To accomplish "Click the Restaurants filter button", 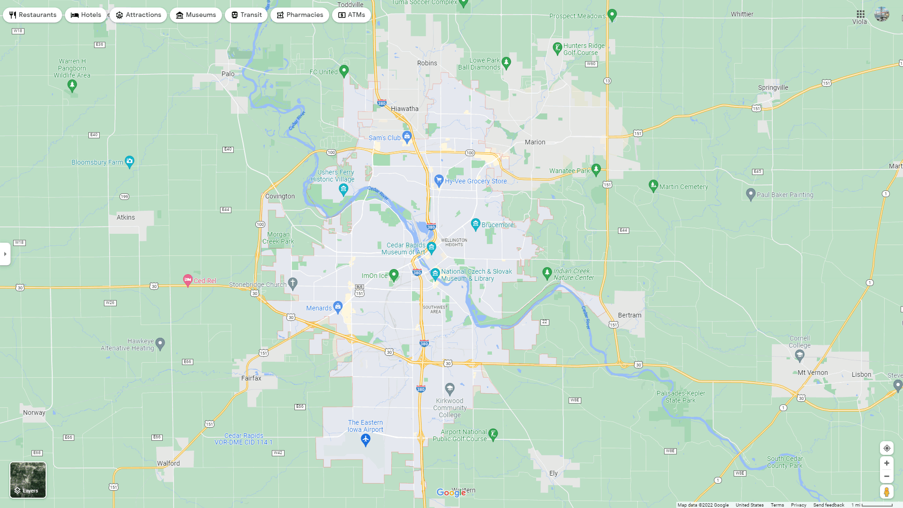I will (32, 15).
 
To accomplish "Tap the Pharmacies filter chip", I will (300, 15).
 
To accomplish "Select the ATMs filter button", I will (351, 15).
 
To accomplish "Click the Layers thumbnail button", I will (28, 480).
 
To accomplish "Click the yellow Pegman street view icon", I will (887, 492).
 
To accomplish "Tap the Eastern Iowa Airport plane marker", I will (365, 440).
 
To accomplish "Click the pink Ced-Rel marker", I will (188, 280).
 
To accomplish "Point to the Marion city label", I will (535, 142).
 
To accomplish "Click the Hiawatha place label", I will (404, 109).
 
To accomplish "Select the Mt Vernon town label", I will (813, 373).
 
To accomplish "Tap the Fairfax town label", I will (251, 378).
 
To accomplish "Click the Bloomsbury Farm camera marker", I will (130, 161).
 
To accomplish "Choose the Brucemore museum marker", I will (475, 224).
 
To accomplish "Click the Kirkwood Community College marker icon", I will (450, 389).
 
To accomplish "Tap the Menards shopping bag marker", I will (338, 307).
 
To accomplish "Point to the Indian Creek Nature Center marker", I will (547, 273).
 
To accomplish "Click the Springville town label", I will (773, 87).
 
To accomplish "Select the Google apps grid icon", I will (860, 14).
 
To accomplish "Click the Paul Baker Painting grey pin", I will (751, 194).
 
